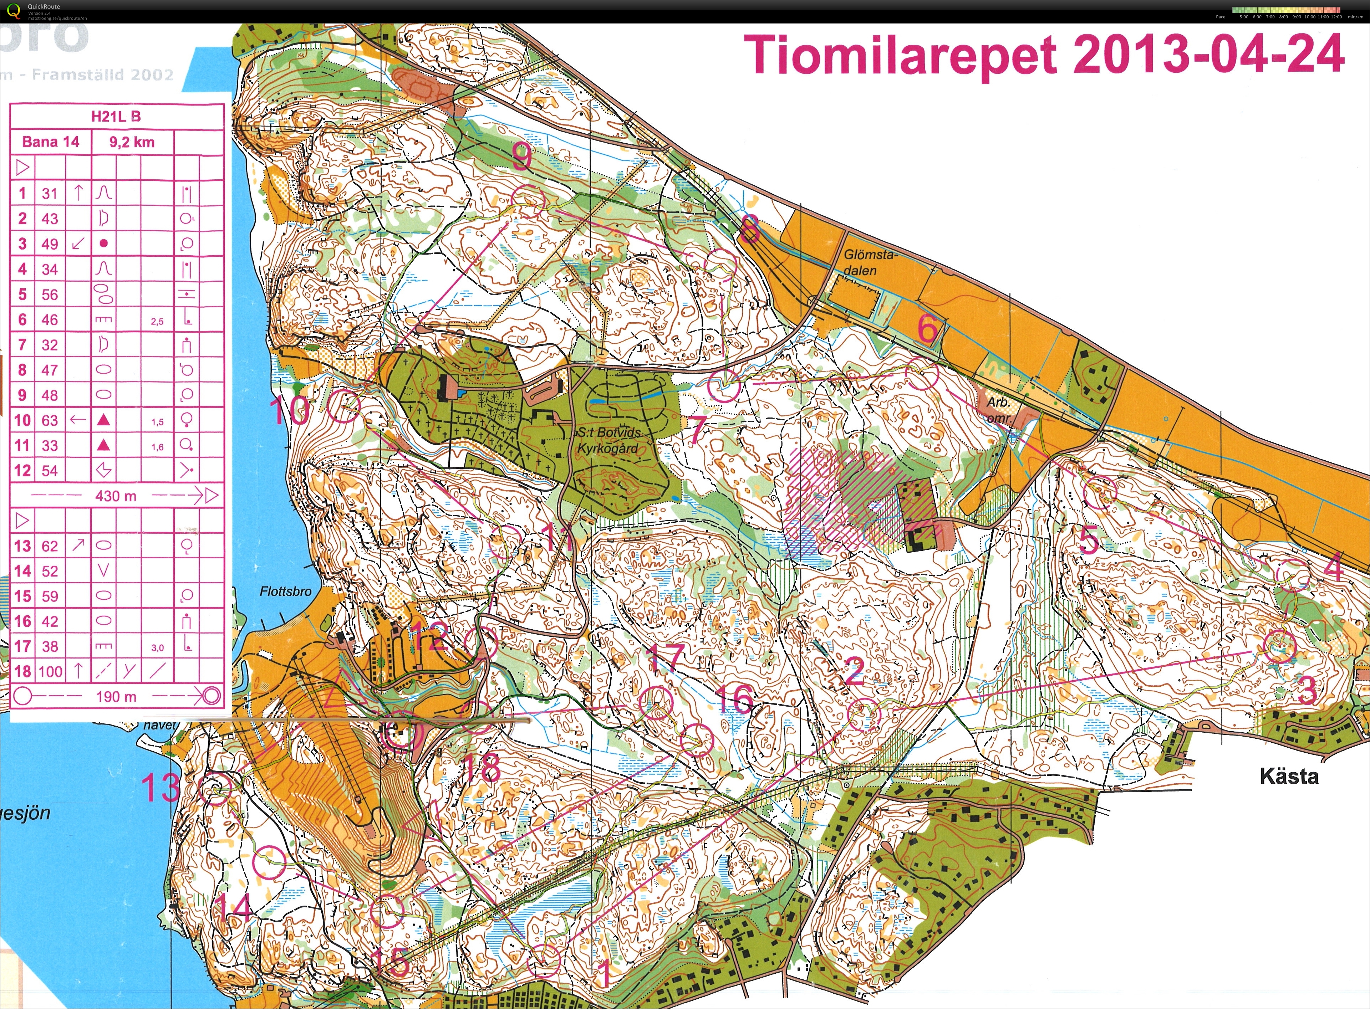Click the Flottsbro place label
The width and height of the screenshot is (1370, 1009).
[x=285, y=591]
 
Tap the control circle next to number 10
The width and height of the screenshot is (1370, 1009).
[x=344, y=406]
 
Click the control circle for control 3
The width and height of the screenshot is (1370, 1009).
[x=1279, y=646]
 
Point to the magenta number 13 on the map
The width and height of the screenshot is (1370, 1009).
[x=161, y=787]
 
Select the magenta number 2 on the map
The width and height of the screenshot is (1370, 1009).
[x=854, y=671]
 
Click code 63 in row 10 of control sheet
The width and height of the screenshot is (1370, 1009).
[x=50, y=420]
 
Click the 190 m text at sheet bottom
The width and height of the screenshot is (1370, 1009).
[x=116, y=696]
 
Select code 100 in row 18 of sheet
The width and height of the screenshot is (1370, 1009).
[x=50, y=672]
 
